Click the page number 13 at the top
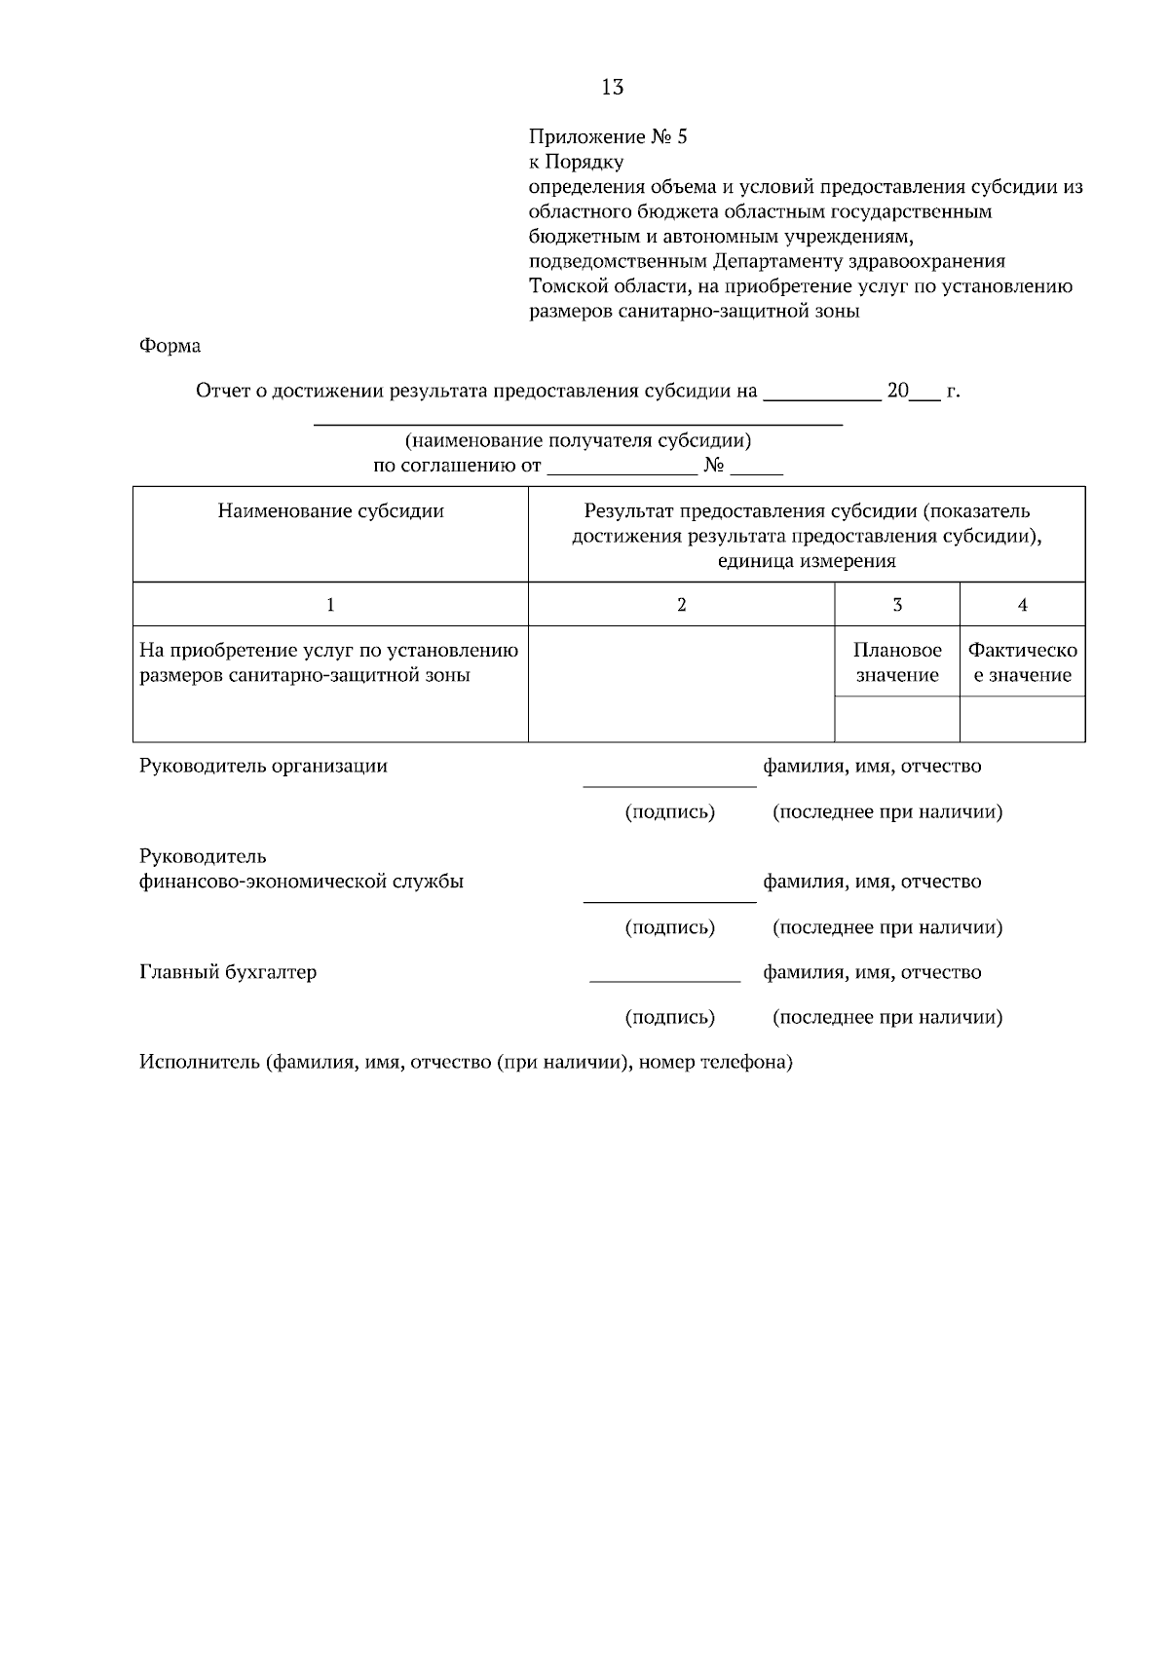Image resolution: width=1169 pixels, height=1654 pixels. pos(612,88)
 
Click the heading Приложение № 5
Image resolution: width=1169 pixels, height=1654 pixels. pos(608,136)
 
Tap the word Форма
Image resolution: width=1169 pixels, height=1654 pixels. pos(170,346)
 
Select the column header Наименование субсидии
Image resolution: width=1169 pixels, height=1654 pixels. pos(330,511)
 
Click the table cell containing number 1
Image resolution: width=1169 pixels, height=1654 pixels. pos(330,605)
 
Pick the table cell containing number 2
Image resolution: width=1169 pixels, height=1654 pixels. pos(681,605)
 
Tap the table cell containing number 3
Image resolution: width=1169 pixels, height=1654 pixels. pos(896,605)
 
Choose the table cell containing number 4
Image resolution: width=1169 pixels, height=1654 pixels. pos(1022,605)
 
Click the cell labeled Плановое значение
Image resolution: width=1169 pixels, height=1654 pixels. pos(896,662)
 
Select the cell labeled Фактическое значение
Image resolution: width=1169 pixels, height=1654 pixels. pos(1022,662)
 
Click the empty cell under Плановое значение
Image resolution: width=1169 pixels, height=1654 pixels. pos(896,719)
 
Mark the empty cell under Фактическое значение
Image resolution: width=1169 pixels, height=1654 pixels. pos(1022,719)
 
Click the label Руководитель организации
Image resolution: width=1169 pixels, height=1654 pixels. pos(263,767)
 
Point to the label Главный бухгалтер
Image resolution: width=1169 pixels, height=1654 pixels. pos(228,972)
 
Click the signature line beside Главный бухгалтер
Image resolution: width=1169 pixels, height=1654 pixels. pos(664,979)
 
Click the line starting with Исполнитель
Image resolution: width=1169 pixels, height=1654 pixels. pos(466,1063)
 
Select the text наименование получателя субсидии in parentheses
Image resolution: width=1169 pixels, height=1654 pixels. pos(578,441)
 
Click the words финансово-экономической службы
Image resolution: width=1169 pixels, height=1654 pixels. pos(301,883)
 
